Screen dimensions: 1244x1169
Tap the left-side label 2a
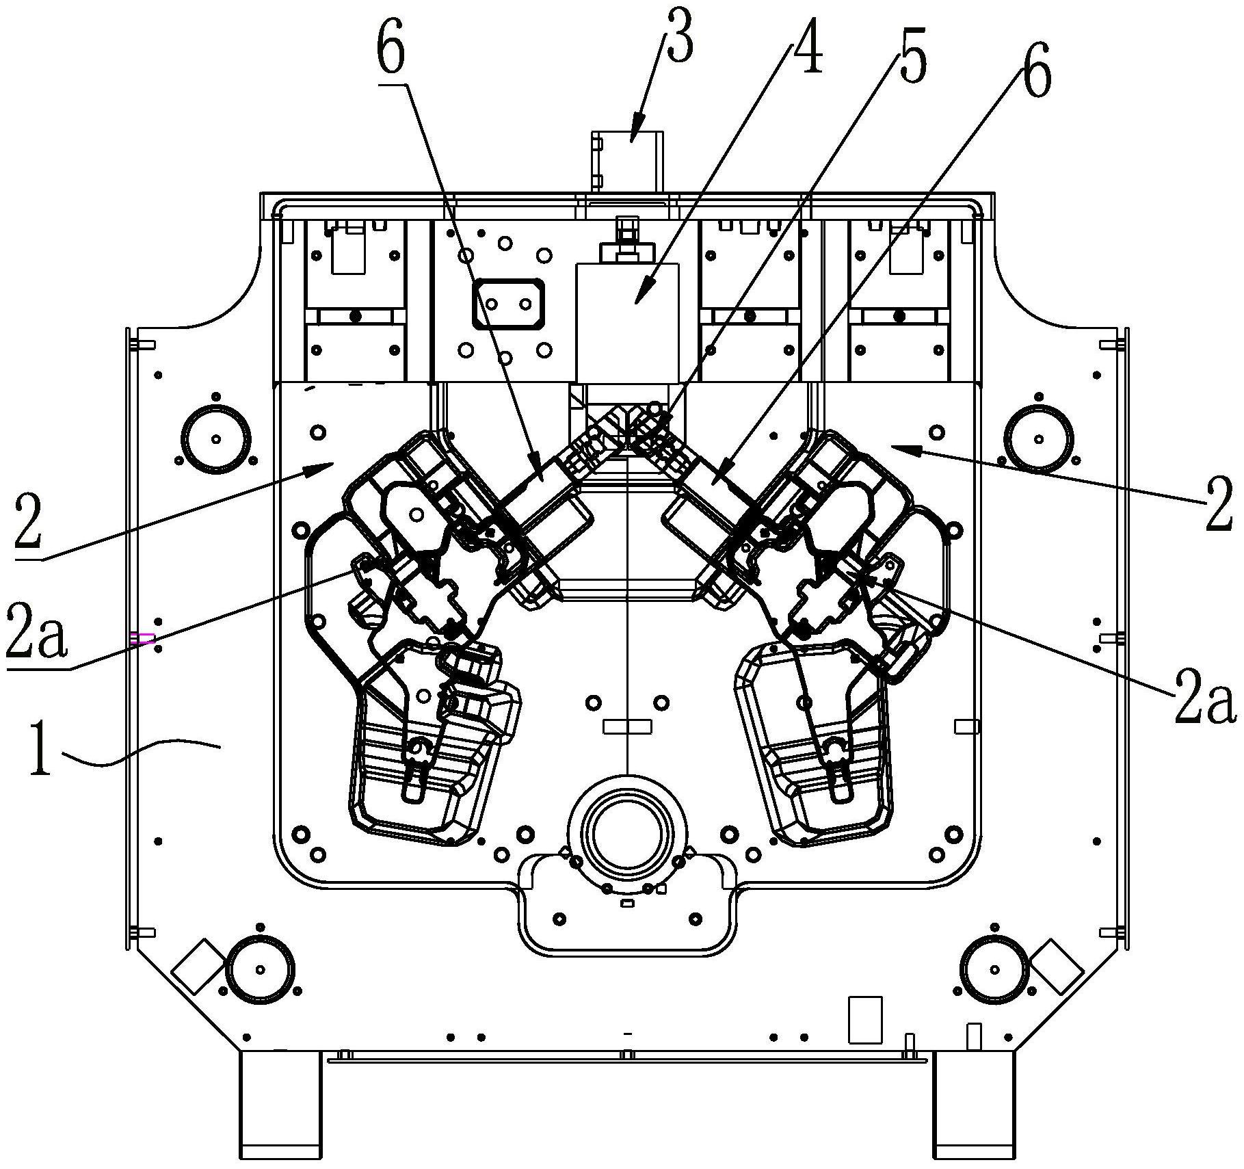tap(38, 630)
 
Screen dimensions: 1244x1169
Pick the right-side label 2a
tap(1206, 700)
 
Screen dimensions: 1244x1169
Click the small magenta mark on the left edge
tap(142, 639)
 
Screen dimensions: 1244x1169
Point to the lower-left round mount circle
tap(261, 969)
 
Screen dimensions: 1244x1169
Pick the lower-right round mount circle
tap(994, 969)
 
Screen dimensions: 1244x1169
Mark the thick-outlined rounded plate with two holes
tap(505, 303)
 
